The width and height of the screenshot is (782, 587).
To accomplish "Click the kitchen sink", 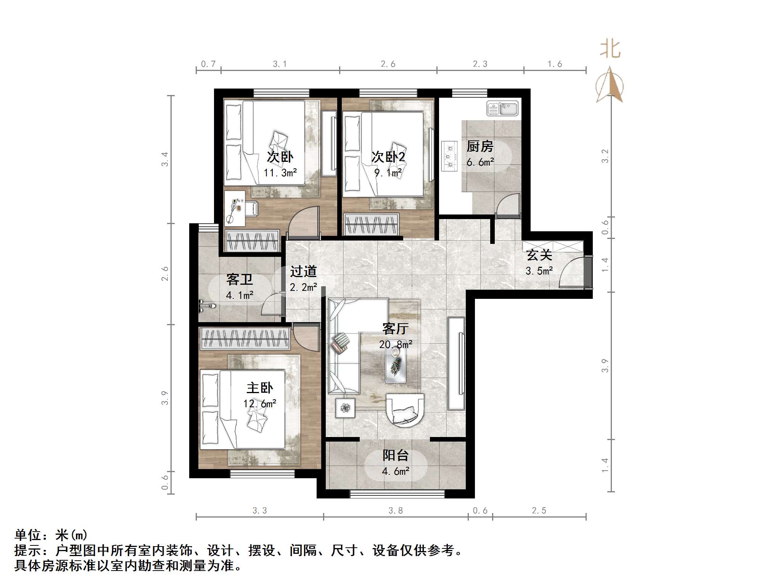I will pyautogui.click(x=502, y=108).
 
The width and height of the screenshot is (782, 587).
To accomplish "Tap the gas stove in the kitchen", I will pyautogui.click(x=449, y=156).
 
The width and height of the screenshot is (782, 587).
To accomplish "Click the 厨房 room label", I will pyautogui.click(x=480, y=146).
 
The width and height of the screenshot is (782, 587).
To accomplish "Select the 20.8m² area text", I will pyautogui.click(x=396, y=345).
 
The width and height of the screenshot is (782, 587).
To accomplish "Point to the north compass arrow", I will pyautogui.click(x=610, y=85).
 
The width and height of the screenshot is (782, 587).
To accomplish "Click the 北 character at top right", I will pyautogui.click(x=610, y=50).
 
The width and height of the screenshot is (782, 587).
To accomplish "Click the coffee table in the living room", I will pyautogui.click(x=396, y=365).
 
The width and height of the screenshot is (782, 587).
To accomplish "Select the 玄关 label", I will pyautogui.click(x=539, y=255).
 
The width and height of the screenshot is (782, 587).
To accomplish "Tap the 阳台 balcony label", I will pyautogui.click(x=396, y=455).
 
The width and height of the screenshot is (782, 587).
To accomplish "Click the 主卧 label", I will pyautogui.click(x=259, y=388).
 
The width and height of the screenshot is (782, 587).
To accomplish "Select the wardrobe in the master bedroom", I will pyautogui.click(x=245, y=338).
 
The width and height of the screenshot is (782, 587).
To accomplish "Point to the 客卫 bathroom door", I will pyautogui.click(x=273, y=305).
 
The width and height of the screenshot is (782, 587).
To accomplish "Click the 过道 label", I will pyautogui.click(x=303, y=271).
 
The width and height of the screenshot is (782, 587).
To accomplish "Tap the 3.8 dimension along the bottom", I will pyautogui.click(x=396, y=511).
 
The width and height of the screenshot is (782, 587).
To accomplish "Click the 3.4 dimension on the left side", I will pyautogui.click(x=164, y=159).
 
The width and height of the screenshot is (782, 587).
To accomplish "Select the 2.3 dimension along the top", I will pyautogui.click(x=480, y=64).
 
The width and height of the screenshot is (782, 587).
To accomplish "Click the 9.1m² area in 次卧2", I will pyautogui.click(x=388, y=173).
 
